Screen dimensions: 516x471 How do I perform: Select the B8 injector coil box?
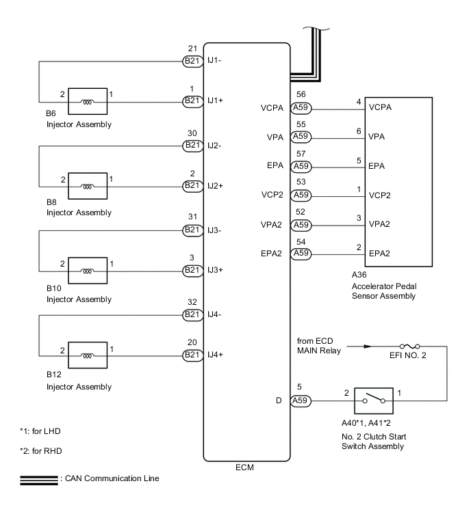(x=88, y=185)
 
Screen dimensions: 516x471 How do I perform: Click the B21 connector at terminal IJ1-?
(x=192, y=61)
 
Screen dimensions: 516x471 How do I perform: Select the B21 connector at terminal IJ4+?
(x=192, y=355)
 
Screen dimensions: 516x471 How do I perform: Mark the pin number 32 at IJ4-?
(x=192, y=302)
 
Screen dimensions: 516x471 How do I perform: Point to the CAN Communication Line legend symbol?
(x=39, y=478)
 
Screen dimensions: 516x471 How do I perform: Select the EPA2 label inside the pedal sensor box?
(x=381, y=253)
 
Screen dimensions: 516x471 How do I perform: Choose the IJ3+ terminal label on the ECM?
(x=216, y=271)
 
